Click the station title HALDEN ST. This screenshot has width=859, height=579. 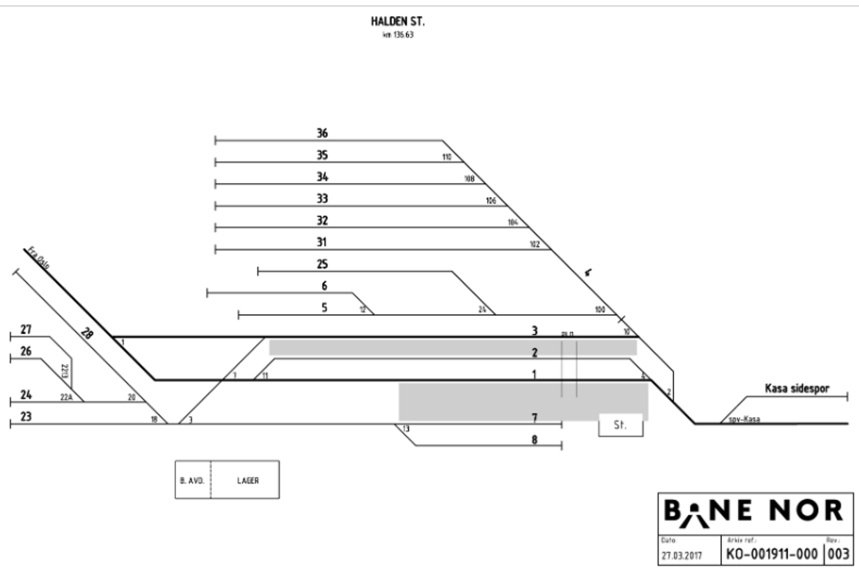tap(397, 21)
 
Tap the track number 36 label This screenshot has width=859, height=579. tap(322, 133)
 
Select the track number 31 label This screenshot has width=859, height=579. tap(322, 242)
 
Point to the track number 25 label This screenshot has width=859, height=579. tap(322, 264)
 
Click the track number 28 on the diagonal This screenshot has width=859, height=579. tap(86, 334)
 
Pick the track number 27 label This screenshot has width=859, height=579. tap(26, 329)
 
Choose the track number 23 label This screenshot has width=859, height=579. tap(26, 416)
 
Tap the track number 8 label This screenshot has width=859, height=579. tap(534, 439)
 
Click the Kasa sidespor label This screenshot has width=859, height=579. tap(797, 388)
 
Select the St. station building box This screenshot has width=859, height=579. tap(621, 425)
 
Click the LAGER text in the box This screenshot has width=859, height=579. tap(247, 480)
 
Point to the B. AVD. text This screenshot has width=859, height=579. tap(192, 480)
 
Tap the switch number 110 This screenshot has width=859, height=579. tap(447, 157)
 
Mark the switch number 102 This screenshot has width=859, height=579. tap(534, 245)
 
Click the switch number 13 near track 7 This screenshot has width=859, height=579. tap(406, 429)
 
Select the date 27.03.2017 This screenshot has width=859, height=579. tap(681, 555)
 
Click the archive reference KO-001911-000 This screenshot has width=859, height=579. tap(771, 554)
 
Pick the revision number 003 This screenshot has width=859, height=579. tap(838, 554)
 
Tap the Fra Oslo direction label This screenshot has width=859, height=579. tap(39, 258)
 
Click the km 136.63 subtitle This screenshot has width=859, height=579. tap(398, 35)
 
